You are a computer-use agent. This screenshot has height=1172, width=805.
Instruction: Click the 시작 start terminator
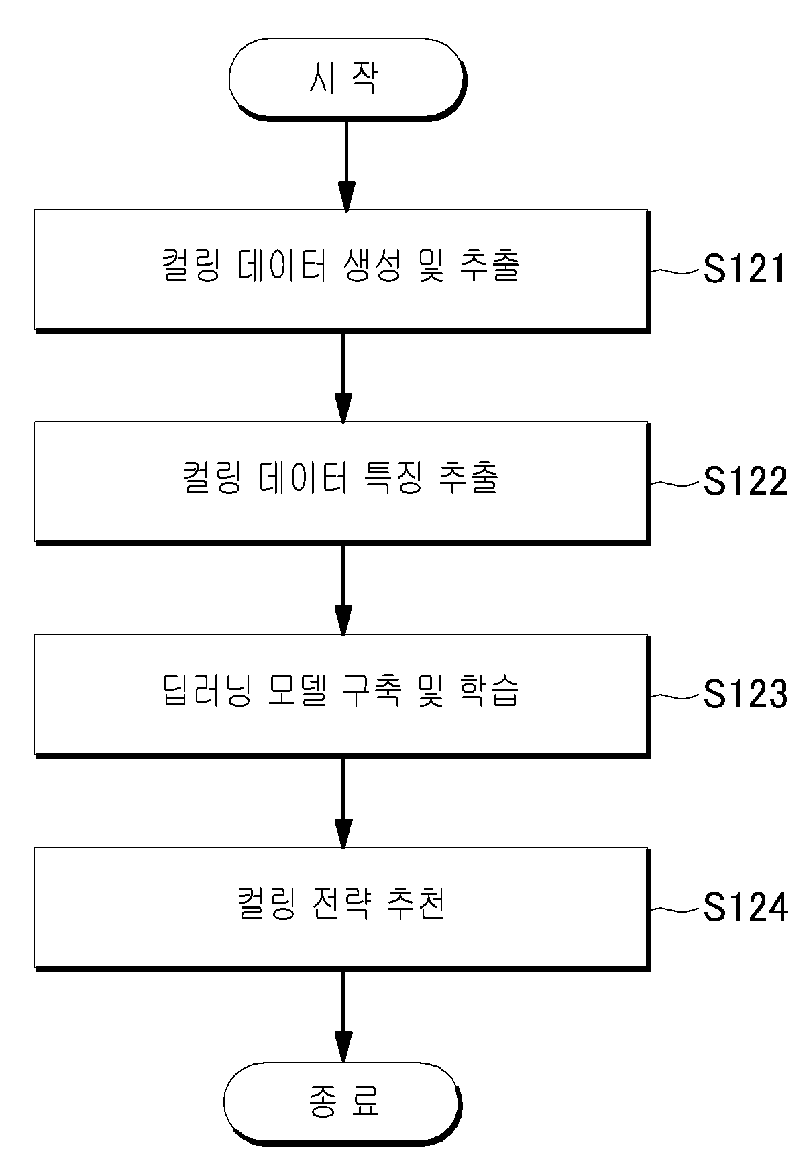pos(346,79)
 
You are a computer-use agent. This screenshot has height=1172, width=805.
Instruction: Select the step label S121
pos(744,270)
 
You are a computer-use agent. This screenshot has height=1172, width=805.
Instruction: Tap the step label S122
pos(745,481)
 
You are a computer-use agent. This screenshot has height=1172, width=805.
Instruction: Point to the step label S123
pos(745,694)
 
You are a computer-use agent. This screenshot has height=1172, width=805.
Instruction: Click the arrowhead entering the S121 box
pos(346,196)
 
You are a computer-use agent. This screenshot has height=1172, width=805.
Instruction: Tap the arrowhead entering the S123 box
pos(343,621)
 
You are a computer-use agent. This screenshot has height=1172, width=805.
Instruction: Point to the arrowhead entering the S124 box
pos(343,834)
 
